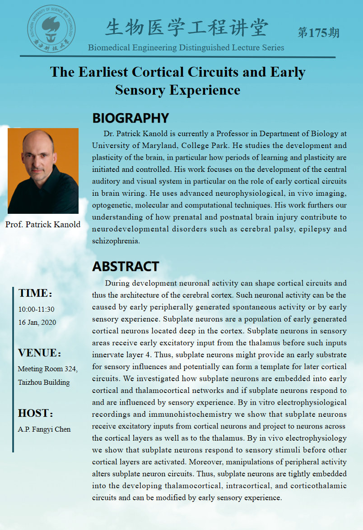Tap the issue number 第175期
[x=318, y=32]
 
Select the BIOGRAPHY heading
[x=130, y=118]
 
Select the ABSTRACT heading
[x=126, y=266]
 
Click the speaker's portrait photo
[x=43, y=171]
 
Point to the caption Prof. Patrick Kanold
[x=43, y=224]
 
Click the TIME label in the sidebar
[x=34, y=293]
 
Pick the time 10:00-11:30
[x=36, y=309]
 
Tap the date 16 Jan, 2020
[x=37, y=323]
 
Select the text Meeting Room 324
[x=47, y=369]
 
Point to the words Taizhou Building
[x=44, y=383]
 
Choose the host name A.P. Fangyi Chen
[x=44, y=429]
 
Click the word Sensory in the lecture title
[x=140, y=90]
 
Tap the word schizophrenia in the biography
[x=116, y=241]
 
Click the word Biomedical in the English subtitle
[x=110, y=47]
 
